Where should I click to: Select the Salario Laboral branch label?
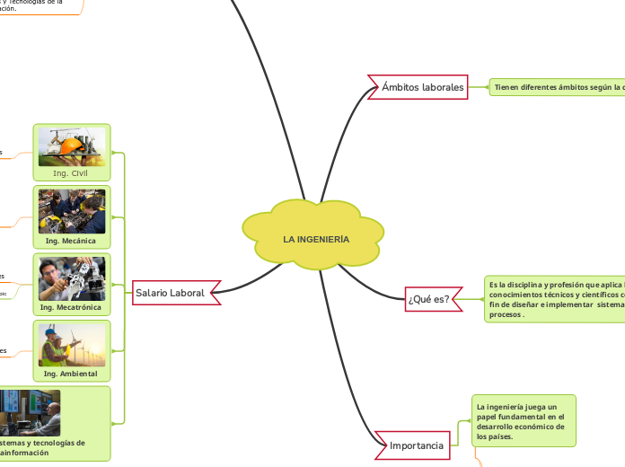(x=171, y=292)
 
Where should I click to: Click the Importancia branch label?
(x=417, y=445)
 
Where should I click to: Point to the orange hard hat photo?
(x=72, y=146)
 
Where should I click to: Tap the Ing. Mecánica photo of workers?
(x=72, y=211)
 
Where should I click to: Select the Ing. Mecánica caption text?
(x=72, y=241)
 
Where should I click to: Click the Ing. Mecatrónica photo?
(x=72, y=278)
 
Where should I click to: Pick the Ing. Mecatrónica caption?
(x=72, y=308)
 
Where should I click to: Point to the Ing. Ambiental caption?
(x=72, y=374)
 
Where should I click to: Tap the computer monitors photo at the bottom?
(x=31, y=412)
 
